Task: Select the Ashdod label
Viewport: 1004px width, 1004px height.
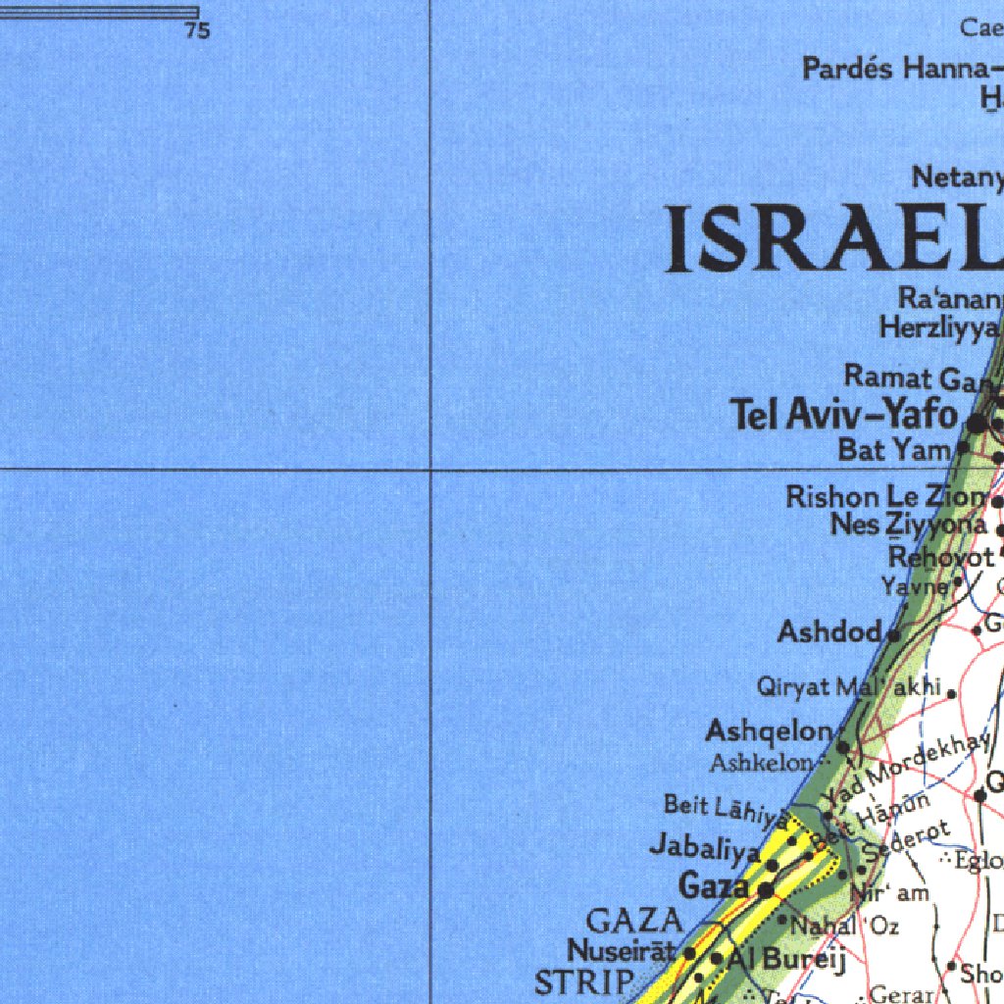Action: tap(829, 632)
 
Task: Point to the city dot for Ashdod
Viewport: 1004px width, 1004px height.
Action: tap(894, 635)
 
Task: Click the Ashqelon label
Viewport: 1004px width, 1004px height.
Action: tap(769, 731)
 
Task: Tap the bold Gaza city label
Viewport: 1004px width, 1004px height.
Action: tap(714, 887)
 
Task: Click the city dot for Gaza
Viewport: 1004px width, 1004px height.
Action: tap(766, 889)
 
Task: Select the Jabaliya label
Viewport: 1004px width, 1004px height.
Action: tap(704, 846)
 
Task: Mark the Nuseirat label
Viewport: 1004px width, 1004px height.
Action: tap(622, 951)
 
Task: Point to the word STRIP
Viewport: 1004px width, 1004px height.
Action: tap(584, 981)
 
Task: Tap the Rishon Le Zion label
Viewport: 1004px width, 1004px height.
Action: tap(886, 497)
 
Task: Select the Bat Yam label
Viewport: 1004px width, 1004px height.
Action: tap(894, 450)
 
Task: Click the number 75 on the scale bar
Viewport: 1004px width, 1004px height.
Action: tap(197, 31)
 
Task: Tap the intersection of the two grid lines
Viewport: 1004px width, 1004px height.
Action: tap(430, 470)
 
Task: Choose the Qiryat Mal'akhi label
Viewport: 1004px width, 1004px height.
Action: tap(848, 687)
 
